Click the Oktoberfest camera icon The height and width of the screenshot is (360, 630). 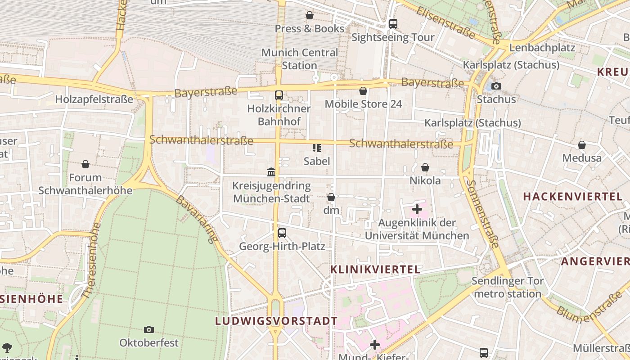[149, 330]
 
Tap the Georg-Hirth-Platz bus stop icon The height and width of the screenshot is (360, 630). [282, 233]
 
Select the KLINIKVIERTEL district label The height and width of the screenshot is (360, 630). [375, 270]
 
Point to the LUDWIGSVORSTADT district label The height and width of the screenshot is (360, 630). [276, 321]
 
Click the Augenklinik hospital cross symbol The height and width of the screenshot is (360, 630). [417, 209]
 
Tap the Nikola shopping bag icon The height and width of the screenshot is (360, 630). [425, 168]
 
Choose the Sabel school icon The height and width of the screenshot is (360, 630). [317, 148]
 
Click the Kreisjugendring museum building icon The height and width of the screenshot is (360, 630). [271, 172]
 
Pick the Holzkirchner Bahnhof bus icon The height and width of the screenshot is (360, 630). [279, 95]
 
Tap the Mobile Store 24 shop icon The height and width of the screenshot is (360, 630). [363, 91]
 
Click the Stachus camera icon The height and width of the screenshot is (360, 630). [496, 86]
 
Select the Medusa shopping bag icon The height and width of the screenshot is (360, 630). [582, 145]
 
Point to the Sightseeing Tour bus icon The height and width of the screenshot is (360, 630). [393, 24]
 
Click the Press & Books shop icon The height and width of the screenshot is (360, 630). [310, 16]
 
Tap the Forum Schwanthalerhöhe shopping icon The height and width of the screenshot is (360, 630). [85, 165]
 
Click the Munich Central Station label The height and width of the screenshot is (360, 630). [300, 59]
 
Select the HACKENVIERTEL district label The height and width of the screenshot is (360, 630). [572, 196]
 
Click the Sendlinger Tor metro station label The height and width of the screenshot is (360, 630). [508, 288]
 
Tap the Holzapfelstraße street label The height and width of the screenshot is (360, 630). [94, 99]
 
